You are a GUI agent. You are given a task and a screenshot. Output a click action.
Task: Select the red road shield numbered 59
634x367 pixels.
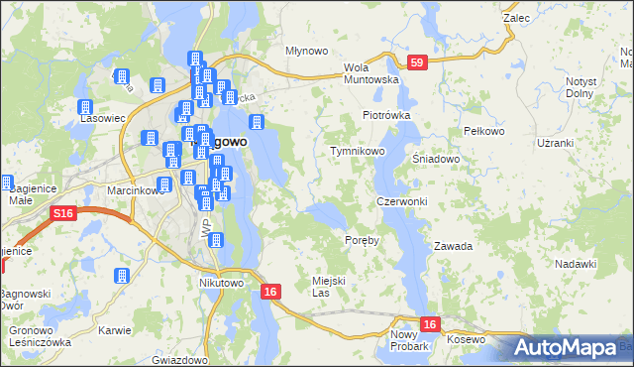419,62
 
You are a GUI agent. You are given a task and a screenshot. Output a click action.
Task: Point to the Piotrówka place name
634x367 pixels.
385,115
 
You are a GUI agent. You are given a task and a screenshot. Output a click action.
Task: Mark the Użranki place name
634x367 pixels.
555,143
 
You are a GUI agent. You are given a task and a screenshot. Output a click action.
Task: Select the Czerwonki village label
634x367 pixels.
401,201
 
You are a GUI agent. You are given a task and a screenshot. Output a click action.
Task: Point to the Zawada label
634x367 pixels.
453,245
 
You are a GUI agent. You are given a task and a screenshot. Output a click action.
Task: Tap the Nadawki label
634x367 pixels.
576,263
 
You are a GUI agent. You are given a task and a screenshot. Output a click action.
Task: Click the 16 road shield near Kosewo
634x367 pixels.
429,323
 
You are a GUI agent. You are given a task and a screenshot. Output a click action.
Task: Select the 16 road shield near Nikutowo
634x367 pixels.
270,292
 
